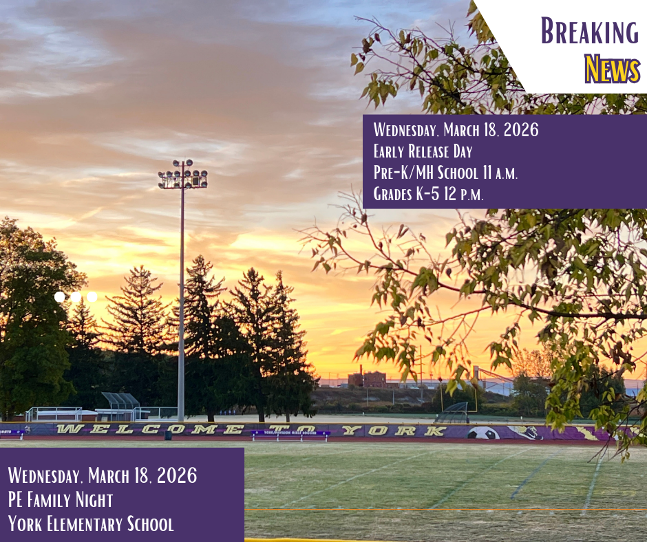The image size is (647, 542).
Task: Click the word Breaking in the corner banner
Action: point(589,32)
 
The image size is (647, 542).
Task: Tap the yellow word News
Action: point(612,69)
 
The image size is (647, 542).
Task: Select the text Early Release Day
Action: point(423,151)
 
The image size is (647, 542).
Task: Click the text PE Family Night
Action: point(61,499)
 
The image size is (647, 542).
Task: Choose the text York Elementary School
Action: point(91,524)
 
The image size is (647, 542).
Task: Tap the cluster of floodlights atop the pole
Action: point(182,175)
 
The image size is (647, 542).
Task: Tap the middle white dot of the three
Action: point(76,296)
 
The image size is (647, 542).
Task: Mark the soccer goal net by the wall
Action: point(453,413)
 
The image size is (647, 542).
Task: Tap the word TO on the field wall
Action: point(282,430)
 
